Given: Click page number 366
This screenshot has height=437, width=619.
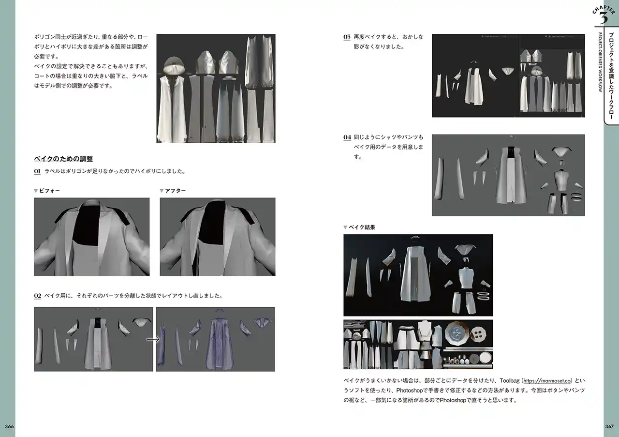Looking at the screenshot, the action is pyautogui.click(x=9, y=426).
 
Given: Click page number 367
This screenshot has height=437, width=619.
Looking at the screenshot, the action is pyautogui.click(x=609, y=426).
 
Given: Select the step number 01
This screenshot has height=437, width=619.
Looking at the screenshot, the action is pyautogui.click(x=37, y=171).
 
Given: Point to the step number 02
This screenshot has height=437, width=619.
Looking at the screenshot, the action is pyautogui.click(x=38, y=296).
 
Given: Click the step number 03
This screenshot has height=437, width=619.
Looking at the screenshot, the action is pyautogui.click(x=347, y=37).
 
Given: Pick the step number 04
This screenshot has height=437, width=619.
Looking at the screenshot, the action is pyautogui.click(x=347, y=137).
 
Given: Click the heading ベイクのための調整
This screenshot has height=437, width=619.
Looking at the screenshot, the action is pyautogui.click(x=63, y=159).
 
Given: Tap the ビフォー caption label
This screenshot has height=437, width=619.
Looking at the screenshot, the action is pyautogui.click(x=49, y=191).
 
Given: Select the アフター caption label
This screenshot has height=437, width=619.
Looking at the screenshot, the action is pyautogui.click(x=175, y=191).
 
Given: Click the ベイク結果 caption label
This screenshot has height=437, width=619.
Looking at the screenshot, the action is pyautogui.click(x=362, y=227).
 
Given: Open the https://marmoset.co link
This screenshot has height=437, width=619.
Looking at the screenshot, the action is pyautogui.click(x=547, y=381).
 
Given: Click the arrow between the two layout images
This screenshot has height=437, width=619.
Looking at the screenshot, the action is pyautogui.click(x=153, y=339).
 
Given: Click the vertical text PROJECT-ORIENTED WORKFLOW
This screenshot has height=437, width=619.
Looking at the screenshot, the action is pyautogui.click(x=600, y=62).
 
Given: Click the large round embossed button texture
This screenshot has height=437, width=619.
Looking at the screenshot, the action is pyautogui.click(x=457, y=333).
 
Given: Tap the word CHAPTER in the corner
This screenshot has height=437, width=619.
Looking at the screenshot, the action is pyautogui.click(x=604, y=10).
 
